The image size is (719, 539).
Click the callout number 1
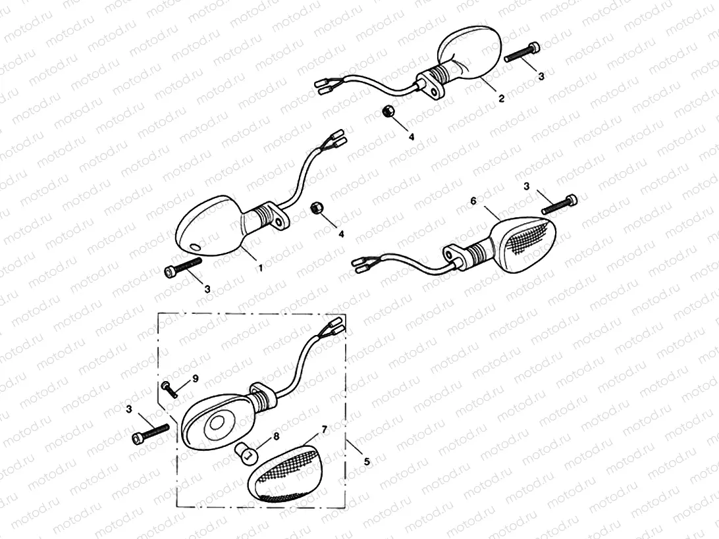pyautogui.click(x=261, y=268)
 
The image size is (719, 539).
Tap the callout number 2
pyautogui.click(x=501, y=99)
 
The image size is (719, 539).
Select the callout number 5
pyautogui.click(x=367, y=462)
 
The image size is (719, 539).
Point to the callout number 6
pyautogui.click(x=473, y=200)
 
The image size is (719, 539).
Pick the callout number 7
pyautogui.click(x=323, y=430)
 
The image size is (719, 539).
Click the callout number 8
pyautogui.click(x=275, y=435)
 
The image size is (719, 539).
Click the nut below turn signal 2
pyautogui.click(x=388, y=111)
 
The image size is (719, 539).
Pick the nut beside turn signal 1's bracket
pyautogui.click(x=315, y=209)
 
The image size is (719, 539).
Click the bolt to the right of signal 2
pyautogui.click(x=523, y=53)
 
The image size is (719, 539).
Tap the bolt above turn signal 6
pyautogui.click(x=560, y=204)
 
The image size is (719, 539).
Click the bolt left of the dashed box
pyautogui.click(x=151, y=434)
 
